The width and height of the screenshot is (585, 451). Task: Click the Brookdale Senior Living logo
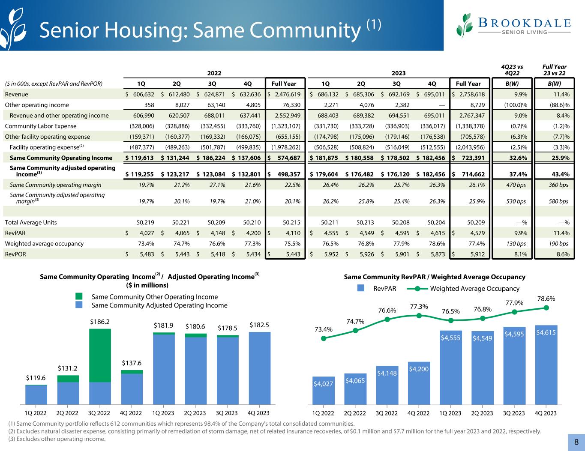pos(514,25)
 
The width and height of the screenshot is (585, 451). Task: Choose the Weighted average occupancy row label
pos(44,244)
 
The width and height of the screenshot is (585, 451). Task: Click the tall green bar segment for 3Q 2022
pos(100,355)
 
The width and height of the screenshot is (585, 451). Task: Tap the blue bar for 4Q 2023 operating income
pos(259,368)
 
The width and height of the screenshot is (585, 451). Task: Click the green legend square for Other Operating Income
pos(79,296)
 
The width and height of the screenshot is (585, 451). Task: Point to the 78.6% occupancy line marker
pos(546,308)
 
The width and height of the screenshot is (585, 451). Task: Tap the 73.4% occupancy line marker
pos(324,338)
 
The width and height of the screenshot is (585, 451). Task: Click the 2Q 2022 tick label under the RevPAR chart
pos(355,413)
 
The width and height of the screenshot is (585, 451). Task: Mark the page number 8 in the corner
pos(576,442)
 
